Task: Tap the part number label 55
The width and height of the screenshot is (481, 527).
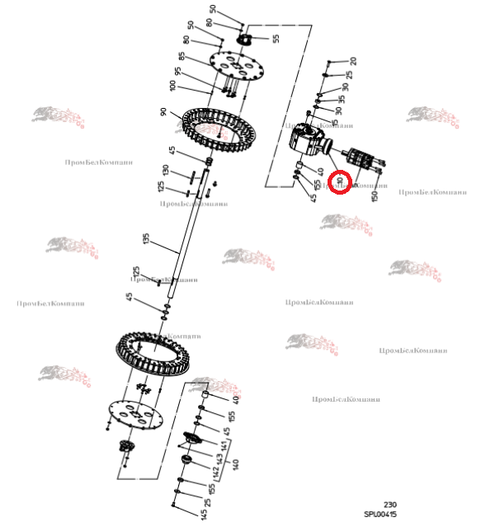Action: [276, 39]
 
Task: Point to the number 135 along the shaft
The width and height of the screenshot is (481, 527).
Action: [146, 240]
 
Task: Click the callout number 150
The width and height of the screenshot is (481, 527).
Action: [375, 195]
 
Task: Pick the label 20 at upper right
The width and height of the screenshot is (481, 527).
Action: [352, 61]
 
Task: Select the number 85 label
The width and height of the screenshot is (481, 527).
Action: [181, 59]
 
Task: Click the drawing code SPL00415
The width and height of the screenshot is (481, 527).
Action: [380, 515]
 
